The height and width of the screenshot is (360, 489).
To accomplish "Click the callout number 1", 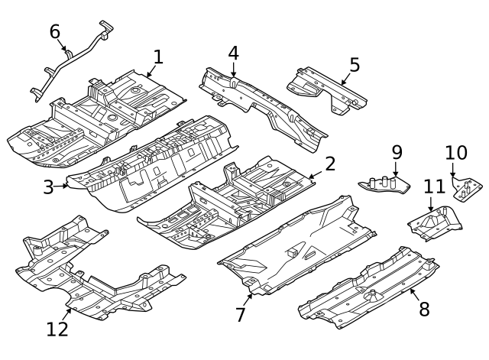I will coord(158,57).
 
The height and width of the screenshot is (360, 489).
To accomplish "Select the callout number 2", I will coord(330,164).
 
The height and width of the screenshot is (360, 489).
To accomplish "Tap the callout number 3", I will coord(48,187).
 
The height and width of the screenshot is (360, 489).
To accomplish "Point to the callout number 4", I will coord(233,53).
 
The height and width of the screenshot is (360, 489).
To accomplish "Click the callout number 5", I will coord(354,64).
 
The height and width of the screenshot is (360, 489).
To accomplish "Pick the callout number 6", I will coord(55,31).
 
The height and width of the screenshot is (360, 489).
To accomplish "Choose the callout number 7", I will coord(241,314).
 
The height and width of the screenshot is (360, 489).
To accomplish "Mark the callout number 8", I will coord(424,310).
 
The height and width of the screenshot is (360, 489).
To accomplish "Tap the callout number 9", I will coord(397,152).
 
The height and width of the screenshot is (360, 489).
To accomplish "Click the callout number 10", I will coord(455,152).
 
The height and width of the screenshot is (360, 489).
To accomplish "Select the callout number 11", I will coord(434,186).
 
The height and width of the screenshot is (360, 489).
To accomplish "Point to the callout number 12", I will coord(57,329).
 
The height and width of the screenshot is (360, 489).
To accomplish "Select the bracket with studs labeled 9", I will coord(387,186).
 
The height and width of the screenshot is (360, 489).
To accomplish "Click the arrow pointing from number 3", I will coord(63,184).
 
